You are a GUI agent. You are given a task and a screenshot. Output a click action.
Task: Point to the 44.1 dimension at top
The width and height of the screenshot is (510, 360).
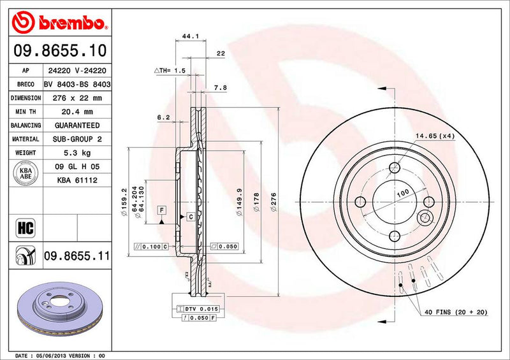pyautogui.click(x=188, y=37)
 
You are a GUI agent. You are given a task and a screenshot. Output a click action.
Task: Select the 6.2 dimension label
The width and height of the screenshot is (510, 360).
pyautogui.click(x=163, y=117)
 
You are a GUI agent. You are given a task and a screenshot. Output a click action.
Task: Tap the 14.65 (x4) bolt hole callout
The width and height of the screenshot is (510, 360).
pyautogui.click(x=436, y=136)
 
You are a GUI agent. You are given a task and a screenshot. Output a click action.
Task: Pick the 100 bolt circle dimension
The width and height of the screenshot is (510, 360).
pyautogui.click(x=403, y=192)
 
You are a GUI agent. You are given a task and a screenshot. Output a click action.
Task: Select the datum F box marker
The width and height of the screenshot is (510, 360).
pyautogui.click(x=162, y=210)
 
